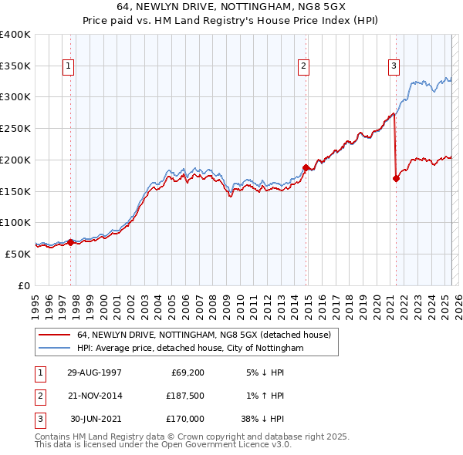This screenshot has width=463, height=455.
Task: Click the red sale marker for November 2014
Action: pos(306,167)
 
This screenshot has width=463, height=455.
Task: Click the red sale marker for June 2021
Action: pos(396,178)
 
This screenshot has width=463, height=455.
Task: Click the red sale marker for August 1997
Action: pos(70,241)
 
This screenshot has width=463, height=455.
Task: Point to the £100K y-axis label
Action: pos(15,222)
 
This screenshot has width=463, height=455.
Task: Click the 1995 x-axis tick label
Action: pos(35,300)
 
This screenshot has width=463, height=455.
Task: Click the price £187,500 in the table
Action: pos(184,396)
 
